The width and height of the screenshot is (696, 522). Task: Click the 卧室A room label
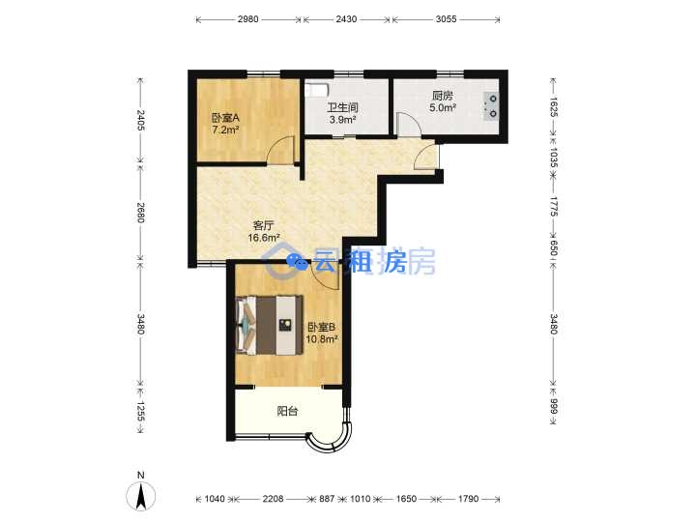point(225,118)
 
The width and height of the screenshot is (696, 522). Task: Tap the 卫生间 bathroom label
point(342,107)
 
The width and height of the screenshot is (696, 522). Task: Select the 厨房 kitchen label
point(443,96)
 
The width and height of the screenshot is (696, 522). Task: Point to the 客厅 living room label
point(263,225)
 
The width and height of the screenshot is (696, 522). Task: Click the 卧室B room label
point(322,327)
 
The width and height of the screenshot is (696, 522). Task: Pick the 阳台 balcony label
point(287,412)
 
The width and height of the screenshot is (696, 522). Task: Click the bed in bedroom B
point(270,326)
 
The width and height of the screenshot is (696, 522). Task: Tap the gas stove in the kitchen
point(491,106)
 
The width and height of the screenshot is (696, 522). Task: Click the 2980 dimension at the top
point(247,19)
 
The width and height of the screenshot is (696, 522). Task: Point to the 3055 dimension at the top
point(446,19)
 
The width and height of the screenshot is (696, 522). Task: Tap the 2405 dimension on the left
point(140,120)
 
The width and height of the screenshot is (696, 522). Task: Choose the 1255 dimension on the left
point(140,411)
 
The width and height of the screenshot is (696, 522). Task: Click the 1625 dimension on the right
point(553,107)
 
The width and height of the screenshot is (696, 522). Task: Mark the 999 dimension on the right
point(553,406)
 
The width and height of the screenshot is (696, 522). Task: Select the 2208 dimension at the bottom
point(273,499)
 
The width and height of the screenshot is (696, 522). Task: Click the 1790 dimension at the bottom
point(468,499)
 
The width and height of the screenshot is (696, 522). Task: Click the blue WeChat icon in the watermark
point(297,261)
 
